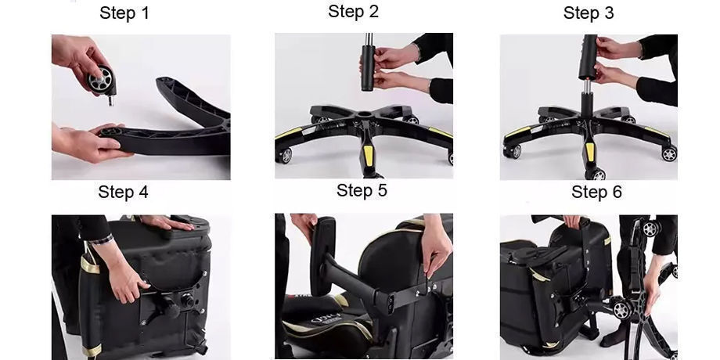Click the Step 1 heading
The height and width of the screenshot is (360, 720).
pos(124,13)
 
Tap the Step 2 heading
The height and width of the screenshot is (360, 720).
pos(353,12)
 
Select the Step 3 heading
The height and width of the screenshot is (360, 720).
pos(589,13)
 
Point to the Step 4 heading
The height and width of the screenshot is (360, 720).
pos(123,192)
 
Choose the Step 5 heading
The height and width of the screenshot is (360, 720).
pos(362,190)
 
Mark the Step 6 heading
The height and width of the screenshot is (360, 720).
pos(596,192)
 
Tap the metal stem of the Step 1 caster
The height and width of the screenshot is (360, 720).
pos(110,100)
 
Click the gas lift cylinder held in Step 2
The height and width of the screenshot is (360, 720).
pos(368,67)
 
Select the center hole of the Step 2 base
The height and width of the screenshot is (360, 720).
pos(364,113)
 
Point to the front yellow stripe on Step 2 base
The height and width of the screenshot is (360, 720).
pos(369,155)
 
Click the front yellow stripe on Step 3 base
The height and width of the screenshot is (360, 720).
pos(590,152)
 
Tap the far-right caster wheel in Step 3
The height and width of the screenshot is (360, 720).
pos(669,153)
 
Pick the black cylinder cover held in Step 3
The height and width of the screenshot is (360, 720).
pos(588,57)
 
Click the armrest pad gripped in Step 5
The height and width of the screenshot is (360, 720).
pos(323,256)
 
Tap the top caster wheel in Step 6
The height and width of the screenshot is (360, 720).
pos(651,229)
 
